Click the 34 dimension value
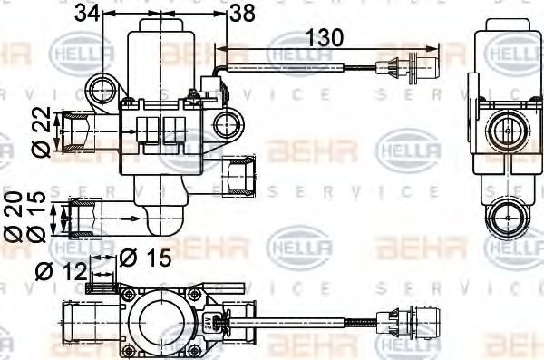[86, 13]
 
